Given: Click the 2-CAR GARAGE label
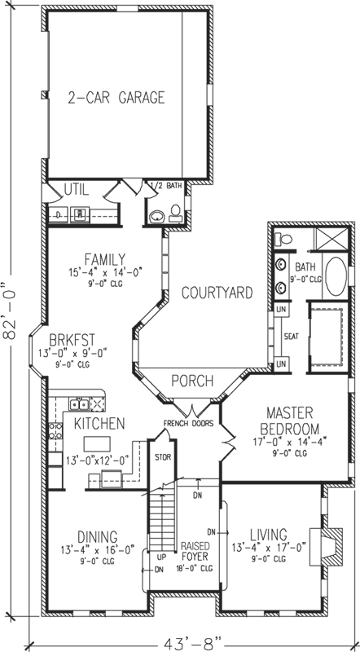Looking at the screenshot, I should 116,98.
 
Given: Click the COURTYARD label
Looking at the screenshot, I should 216,293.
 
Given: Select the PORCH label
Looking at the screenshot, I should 192,381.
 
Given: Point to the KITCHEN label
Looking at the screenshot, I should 99,424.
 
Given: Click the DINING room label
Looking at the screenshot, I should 97,536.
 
